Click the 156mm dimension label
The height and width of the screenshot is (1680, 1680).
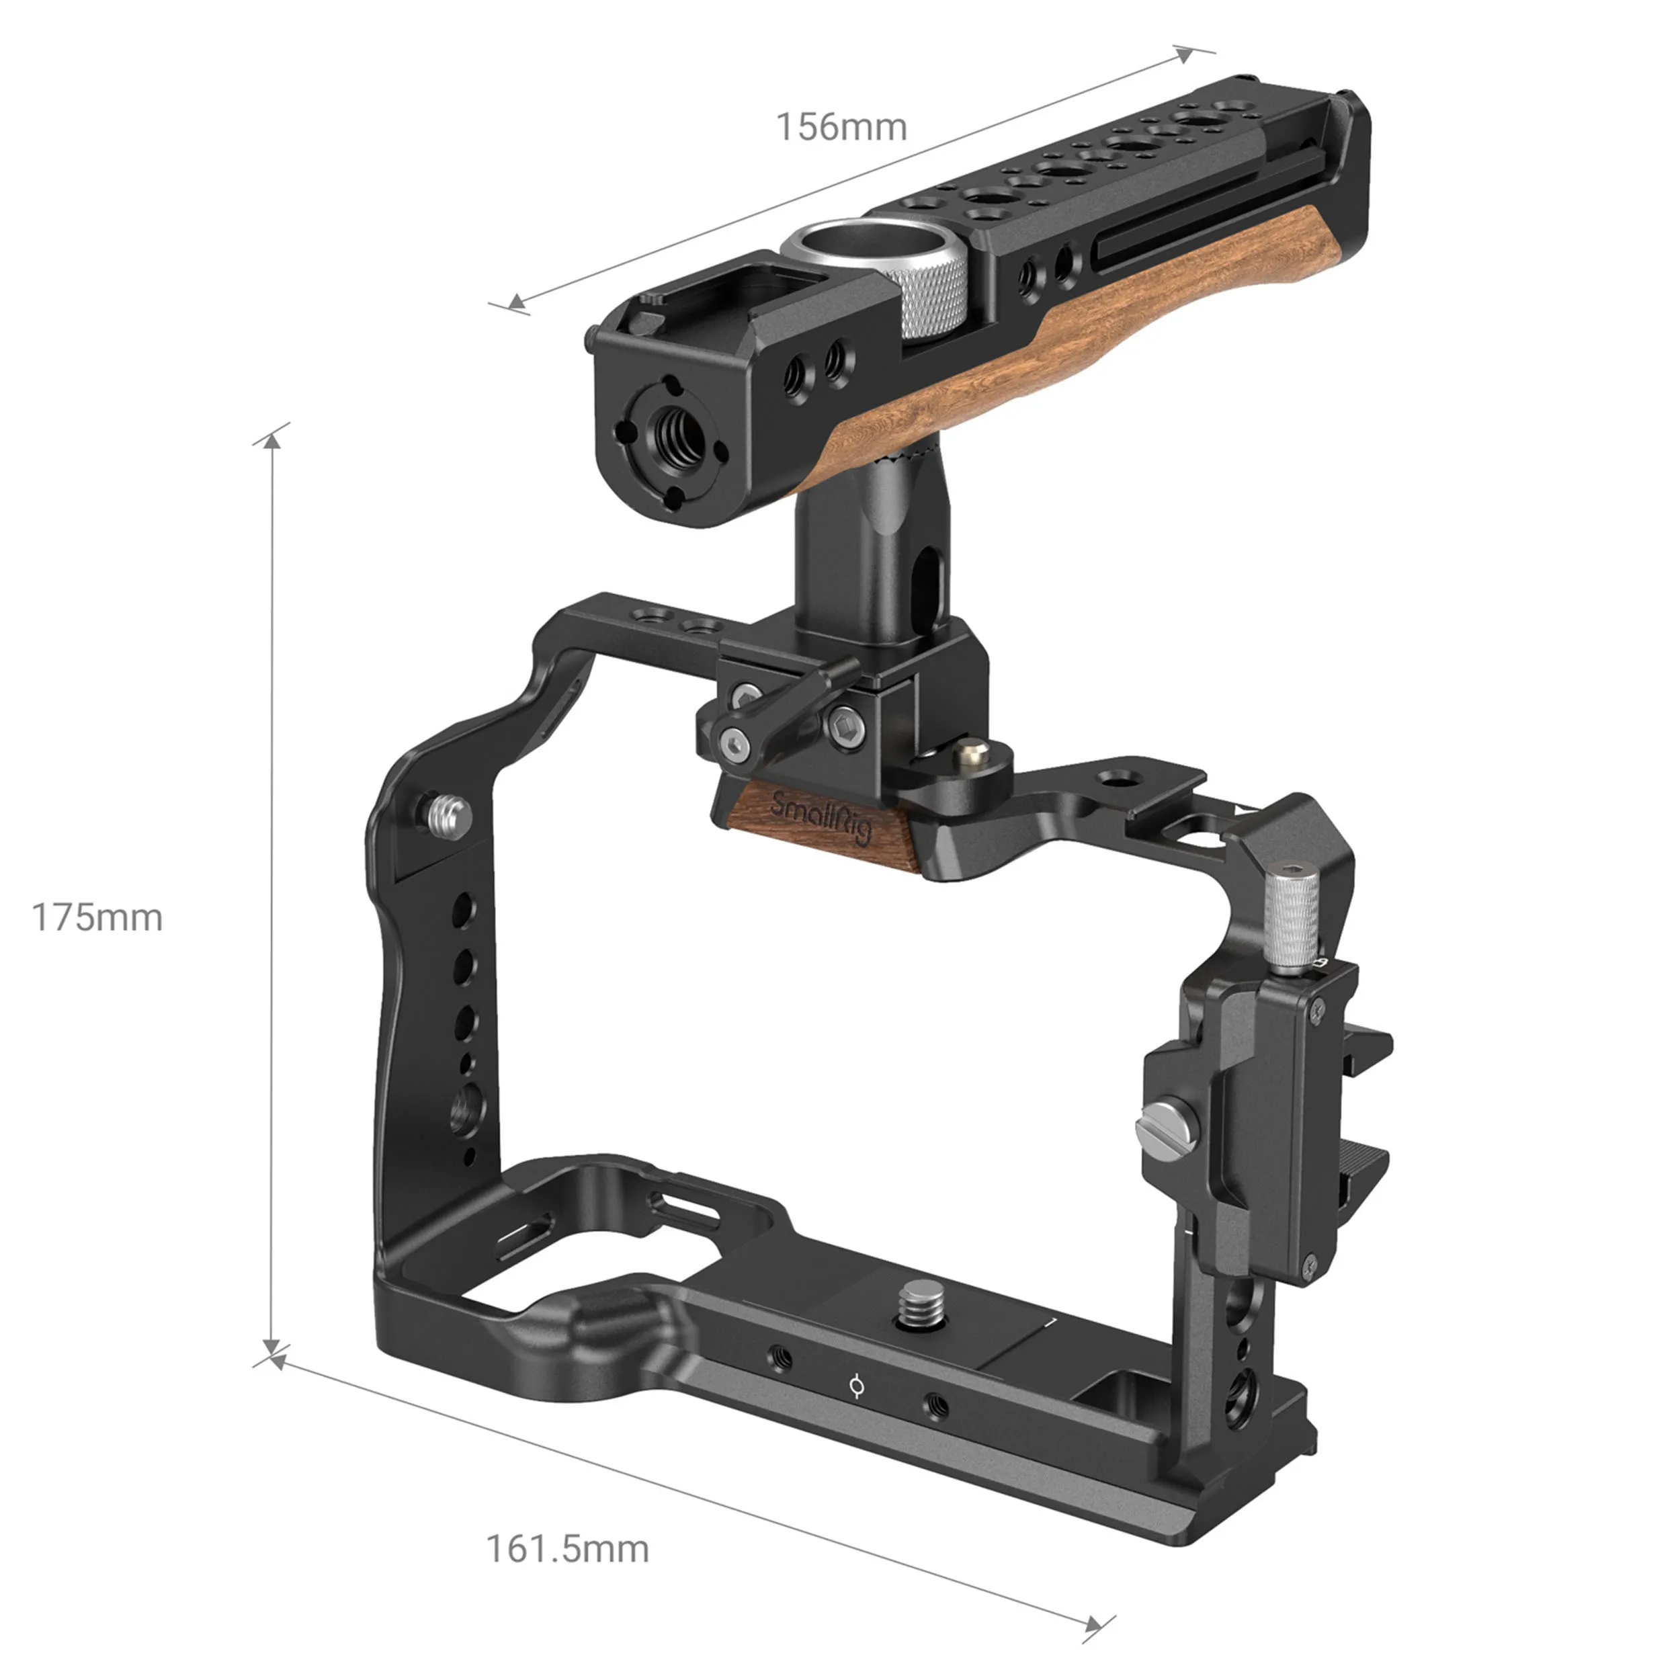841,128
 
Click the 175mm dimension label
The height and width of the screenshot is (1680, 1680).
97,917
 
